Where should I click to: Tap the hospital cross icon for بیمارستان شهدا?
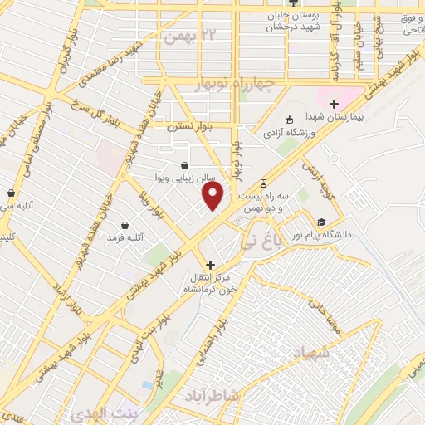334,105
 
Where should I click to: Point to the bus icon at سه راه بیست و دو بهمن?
263,183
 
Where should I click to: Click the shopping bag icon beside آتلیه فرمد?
125,224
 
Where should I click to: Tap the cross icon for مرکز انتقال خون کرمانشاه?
209,264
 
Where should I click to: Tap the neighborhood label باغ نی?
264,221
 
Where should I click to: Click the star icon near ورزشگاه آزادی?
288,119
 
